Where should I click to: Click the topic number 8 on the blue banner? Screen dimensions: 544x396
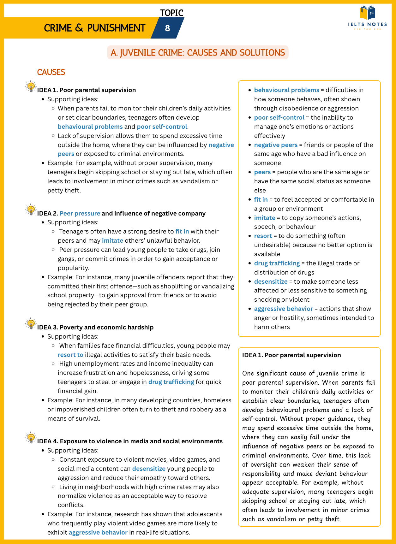167,28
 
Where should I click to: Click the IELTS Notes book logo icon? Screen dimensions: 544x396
367,13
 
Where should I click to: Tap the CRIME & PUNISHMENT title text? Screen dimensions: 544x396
94,28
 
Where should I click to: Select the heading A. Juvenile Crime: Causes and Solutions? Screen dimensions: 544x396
198,53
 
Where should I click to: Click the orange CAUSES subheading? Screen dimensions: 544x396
51,72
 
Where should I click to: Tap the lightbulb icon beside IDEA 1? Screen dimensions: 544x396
31,86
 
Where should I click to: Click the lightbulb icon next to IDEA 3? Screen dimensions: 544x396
31,324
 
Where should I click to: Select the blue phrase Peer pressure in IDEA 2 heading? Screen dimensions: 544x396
80,213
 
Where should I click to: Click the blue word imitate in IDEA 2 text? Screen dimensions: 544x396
112,240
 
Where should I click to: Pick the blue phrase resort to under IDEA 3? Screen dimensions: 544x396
70,355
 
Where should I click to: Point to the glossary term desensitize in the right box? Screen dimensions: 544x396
271,281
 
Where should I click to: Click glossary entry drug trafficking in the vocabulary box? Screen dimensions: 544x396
277,263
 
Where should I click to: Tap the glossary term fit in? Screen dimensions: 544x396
261,199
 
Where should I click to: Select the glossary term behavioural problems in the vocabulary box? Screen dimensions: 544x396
286,90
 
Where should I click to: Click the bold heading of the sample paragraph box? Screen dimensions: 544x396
291,355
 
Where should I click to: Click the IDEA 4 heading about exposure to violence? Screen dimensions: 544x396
130,441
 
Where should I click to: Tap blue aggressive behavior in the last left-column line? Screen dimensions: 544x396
98,532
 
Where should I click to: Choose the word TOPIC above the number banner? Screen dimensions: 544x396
171,13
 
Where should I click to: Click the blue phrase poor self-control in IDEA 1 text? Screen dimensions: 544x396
162,127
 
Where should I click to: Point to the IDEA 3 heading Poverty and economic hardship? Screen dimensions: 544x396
95,327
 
